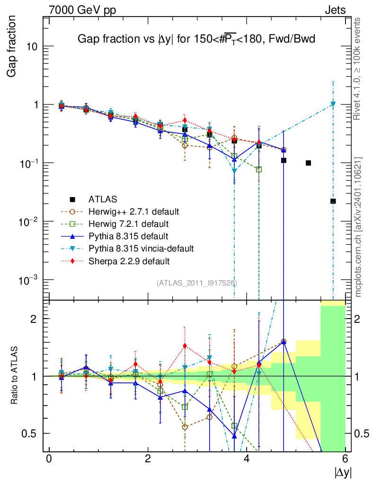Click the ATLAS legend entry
coord(103,199)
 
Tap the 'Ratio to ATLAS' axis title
coord(15,375)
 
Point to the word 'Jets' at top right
coord(335,10)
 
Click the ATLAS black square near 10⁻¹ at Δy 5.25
coord(308,163)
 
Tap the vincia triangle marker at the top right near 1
coord(333,104)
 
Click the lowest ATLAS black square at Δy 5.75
coord(333,201)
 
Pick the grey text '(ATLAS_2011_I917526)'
coord(197,283)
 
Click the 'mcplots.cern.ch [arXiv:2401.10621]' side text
coord(358,227)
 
